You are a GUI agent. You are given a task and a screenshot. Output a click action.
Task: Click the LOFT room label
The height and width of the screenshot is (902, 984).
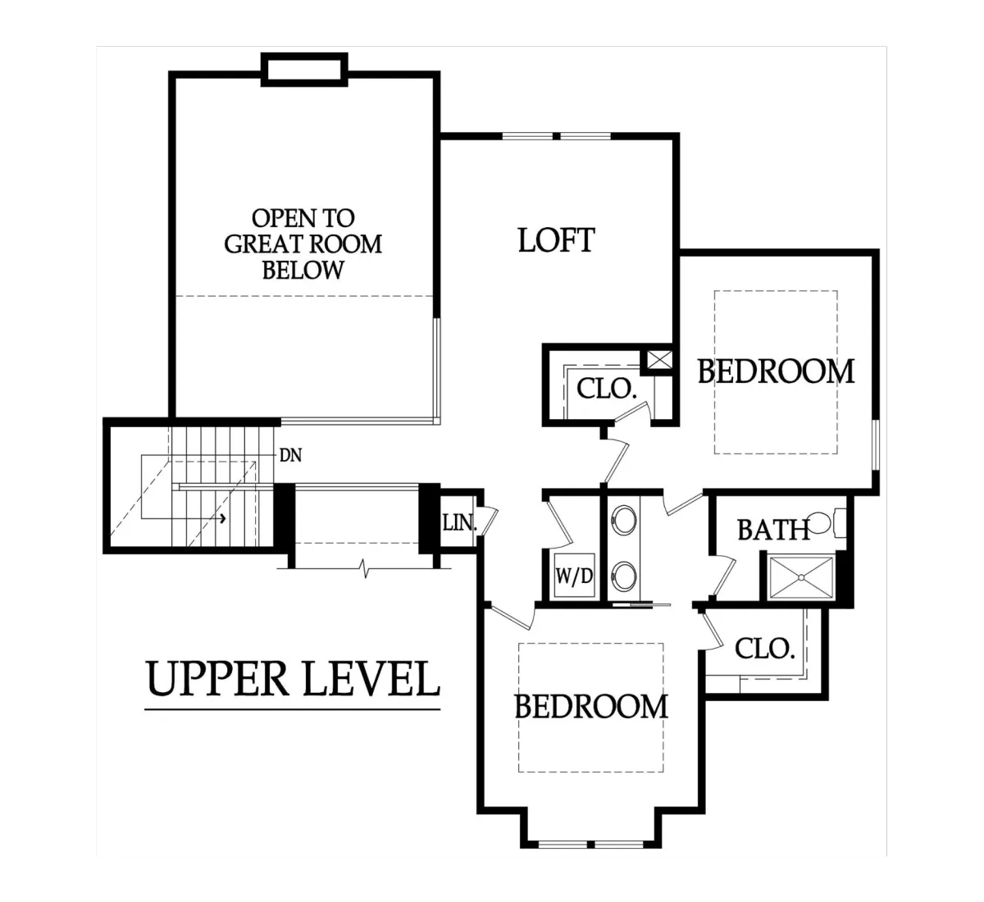pyautogui.click(x=556, y=240)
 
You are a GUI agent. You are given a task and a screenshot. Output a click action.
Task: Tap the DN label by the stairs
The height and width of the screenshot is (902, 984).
pyautogui.click(x=290, y=455)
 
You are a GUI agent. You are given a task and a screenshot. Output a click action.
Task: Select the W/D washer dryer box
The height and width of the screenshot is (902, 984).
pyautogui.click(x=574, y=575)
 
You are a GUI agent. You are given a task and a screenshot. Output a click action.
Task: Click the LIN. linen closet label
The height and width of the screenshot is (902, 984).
pyautogui.click(x=460, y=522)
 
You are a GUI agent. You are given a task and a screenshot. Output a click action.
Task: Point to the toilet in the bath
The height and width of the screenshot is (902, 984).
pyautogui.click(x=827, y=522)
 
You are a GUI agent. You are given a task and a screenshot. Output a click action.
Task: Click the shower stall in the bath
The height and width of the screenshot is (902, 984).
pyautogui.click(x=801, y=577)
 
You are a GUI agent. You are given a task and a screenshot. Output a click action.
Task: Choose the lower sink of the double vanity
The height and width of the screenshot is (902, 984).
pyautogui.click(x=623, y=575)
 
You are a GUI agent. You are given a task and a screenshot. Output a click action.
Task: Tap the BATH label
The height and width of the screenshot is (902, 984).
pyautogui.click(x=773, y=530)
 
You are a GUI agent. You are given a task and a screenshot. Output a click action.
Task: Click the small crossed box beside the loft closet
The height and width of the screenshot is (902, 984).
pyautogui.click(x=660, y=360)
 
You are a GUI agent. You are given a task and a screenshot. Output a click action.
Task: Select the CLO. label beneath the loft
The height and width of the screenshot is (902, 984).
pyautogui.click(x=606, y=389)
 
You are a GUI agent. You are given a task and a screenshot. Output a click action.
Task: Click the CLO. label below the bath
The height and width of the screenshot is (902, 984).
pyautogui.click(x=765, y=649)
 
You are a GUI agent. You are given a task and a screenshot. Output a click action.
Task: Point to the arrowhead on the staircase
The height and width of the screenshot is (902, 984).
pyautogui.click(x=223, y=517)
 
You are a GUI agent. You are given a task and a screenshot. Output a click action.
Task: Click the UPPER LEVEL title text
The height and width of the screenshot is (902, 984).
pyautogui.click(x=293, y=680)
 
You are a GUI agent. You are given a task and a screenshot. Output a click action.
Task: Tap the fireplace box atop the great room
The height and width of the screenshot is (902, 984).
pyautogui.click(x=304, y=70)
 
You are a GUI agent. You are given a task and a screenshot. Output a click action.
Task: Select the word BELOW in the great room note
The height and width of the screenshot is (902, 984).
pyautogui.click(x=303, y=271)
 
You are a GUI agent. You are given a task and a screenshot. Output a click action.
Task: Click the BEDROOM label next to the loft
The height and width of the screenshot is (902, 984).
pyautogui.click(x=776, y=371)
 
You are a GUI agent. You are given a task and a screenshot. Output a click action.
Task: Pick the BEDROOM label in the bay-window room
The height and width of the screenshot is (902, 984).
pyautogui.click(x=590, y=707)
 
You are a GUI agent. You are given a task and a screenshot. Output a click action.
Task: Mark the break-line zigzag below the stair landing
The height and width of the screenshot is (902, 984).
pyautogui.click(x=366, y=568)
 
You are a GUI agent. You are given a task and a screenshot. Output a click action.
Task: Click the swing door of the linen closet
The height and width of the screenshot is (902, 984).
pyautogui.click(x=490, y=520)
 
